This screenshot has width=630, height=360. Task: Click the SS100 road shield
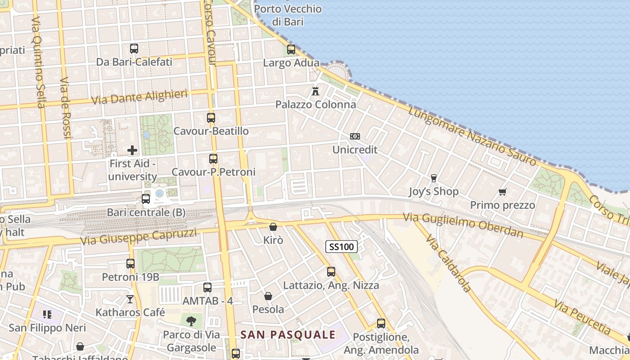tap(342, 247)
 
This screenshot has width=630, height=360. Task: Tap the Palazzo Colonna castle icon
tap(315, 91)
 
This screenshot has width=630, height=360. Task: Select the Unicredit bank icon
tap(355, 136)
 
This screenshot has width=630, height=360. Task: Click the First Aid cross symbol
tap(132, 150)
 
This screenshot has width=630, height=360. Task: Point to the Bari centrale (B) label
tap(146, 212)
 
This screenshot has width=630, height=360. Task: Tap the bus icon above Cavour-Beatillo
tap(211, 118)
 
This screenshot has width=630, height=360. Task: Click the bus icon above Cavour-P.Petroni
tap(213, 158)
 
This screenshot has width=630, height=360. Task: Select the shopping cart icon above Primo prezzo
tap(503, 192)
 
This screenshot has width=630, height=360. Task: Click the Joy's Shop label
tap(434, 192)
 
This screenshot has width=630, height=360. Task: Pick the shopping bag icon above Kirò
tap(273, 227)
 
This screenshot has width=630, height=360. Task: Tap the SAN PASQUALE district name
tap(288, 335)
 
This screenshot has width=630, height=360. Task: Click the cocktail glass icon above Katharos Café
tap(130, 299)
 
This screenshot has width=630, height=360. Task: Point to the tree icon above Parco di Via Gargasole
tap(191, 321)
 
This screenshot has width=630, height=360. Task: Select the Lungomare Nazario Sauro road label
tap(472, 135)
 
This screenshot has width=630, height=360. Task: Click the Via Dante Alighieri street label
tap(139, 97)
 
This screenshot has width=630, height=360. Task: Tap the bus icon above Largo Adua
tap(291, 49)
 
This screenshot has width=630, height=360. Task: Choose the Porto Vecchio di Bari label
tap(288, 15)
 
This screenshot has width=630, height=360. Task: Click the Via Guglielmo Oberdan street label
tap(463, 225)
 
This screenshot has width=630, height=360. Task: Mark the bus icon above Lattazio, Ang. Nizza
tap(331, 272)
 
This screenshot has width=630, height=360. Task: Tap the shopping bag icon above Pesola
tap(268, 296)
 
